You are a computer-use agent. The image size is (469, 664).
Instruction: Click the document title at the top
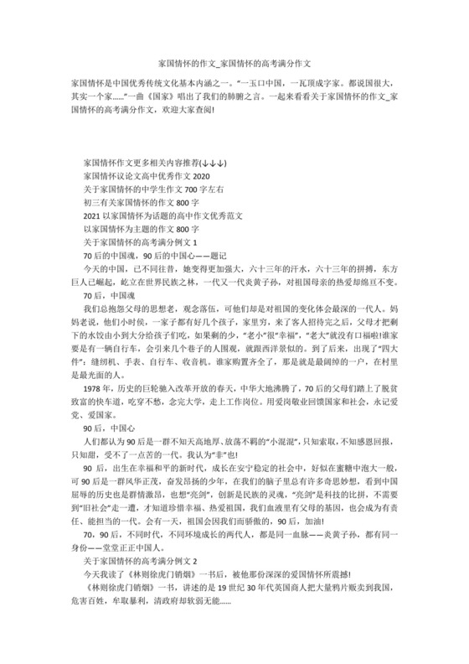coord(234,64)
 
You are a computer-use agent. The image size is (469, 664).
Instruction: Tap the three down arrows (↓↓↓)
coord(214,160)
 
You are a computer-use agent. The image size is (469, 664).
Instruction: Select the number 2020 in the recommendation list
coord(201,177)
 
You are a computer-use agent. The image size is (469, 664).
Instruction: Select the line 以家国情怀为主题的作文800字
coord(142,229)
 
